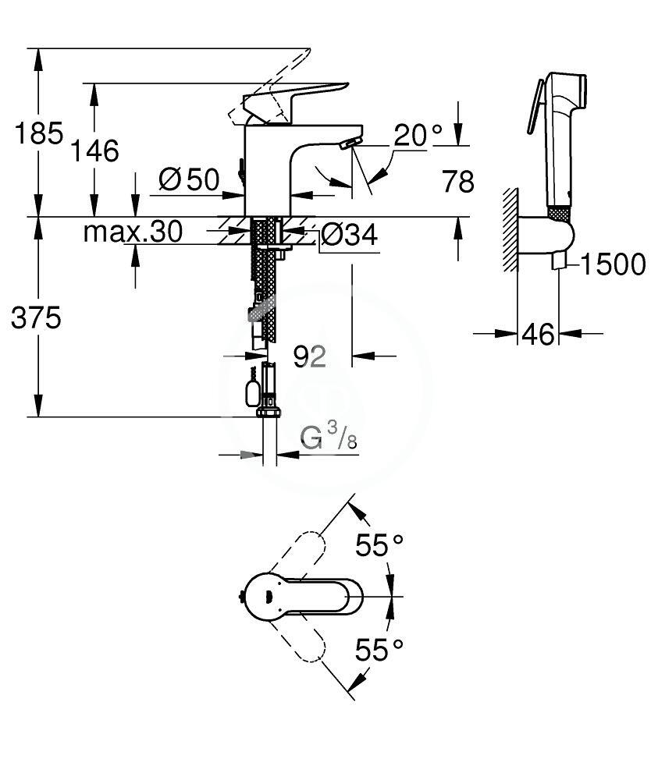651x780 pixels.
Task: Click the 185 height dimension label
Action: pos(39,133)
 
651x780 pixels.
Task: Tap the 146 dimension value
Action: pos(94,151)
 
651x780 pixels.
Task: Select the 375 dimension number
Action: pos(36,317)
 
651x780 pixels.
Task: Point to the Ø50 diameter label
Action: pos(189,179)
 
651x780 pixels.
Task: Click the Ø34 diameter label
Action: pos(349,234)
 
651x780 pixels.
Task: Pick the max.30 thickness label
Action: pos(133,232)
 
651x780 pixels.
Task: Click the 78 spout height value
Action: pos(458,181)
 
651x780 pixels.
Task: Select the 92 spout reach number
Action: pos(310,356)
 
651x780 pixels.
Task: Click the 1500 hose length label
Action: pos(614,264)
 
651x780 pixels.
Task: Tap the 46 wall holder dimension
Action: pos(538,334)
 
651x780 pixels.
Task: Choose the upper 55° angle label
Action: pos(379,545)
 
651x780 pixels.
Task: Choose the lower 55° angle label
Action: pos(379,650)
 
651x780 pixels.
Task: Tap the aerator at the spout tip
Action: pos(350,144)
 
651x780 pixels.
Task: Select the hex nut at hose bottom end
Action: pos(269,411)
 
